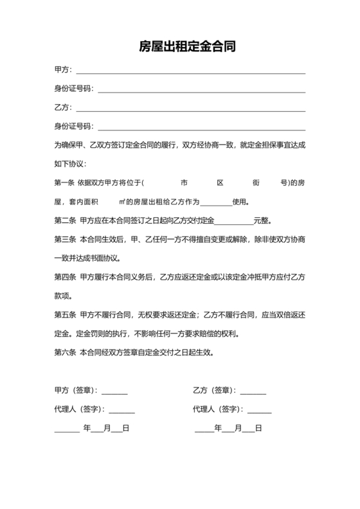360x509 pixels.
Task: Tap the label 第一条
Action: pyautogui.click(x=65, y=183)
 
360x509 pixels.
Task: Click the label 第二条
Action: pyautogui.click(x=65, y=221)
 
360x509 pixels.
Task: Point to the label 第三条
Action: pyautogui.click(x=65, y=240)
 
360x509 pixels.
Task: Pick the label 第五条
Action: pyautogui.click(x=65, y=316)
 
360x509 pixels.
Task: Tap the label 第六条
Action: pyautogui.click(x=65, y=353)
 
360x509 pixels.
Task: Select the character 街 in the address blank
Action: pyautogui.click(x=256, y=183)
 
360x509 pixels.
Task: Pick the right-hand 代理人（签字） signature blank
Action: pyautogui.click(x=259, y=411)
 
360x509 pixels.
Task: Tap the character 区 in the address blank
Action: pyautogui.click(x=220, y=183)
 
